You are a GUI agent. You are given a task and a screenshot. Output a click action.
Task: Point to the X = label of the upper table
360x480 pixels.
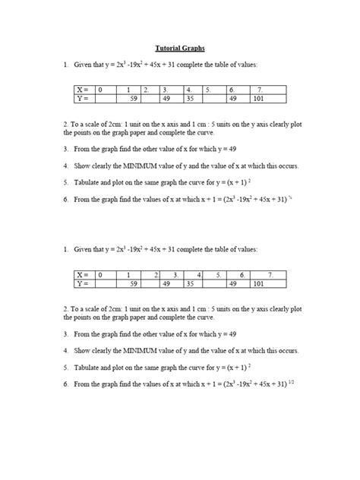[x=82, y=90]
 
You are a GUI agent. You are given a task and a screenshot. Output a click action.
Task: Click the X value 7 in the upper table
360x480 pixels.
[x=259, y=90]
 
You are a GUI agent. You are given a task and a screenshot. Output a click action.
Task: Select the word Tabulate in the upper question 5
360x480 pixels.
[x=90, y=183]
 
